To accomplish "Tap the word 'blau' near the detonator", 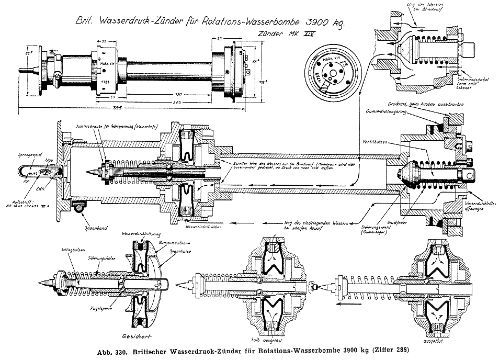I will (50, 161).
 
